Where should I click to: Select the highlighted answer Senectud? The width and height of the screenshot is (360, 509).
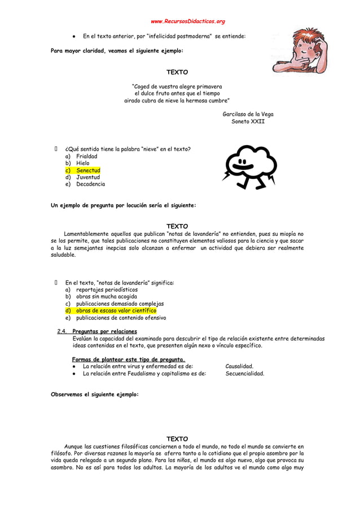pyautogui.click(x=88, y=170)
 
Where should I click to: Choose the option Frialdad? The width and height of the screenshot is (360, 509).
pyautogui.click(x=87, y=156)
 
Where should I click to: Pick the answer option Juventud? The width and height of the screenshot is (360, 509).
pyautogui.click(x=88, y=177)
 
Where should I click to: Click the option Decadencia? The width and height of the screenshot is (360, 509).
pyautogui.click(x=91, y=185)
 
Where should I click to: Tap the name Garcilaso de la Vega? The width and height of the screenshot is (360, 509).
pyautogui.click(x=248, y=114)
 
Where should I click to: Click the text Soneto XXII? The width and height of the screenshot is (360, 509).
pyautogui.click(x=248, y=121)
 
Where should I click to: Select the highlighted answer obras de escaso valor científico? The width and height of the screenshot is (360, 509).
pyautogui.click(x=116, y=310)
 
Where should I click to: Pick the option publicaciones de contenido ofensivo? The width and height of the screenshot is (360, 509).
pyautogui.click(x=121, y=318)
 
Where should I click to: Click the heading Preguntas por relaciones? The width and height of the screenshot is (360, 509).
pyautogui.click(x=105, y=331)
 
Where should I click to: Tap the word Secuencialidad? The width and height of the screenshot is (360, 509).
pyautogui.click(x=244, y=373)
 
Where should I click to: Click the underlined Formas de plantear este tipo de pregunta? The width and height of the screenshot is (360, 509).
pyautogui.click(x=129, y=359)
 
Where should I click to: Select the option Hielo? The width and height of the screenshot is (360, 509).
pyautogui.click(x=83, y=163)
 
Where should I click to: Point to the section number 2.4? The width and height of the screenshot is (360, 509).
pyautogui.click(x=63, y=331)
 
